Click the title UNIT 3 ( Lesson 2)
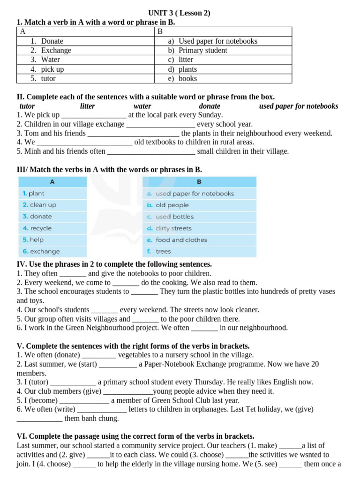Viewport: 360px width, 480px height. pyautogui.click(x=180, y=13)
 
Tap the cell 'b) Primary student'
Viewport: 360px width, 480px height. pyautogui.click(x=202, y=51)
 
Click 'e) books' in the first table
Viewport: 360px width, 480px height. pyautogui.click(x=187, y=79)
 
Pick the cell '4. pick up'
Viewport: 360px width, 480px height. pyautogui.click(x=52, y=69)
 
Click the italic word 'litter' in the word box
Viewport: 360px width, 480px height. pyautogui.click(x=87, y=106)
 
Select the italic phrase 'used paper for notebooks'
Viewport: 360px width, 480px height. pyautogui.click(x=298, y=106)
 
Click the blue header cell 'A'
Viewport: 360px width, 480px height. pyautogui.click(x=52, y=182)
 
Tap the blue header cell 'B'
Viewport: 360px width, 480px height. pyautogui.click(x=199, y=182)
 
